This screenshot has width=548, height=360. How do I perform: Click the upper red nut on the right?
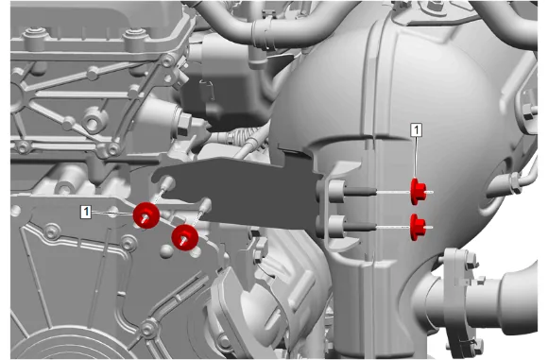click(x=418, y=192)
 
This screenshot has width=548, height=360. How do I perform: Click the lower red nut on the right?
click(x=418, y=227)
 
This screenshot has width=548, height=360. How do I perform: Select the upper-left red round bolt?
click(x=146, y=215)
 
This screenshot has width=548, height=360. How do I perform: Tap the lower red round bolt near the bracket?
click(x=185, y=237)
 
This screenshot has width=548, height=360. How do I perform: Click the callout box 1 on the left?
click(x=86, y=212)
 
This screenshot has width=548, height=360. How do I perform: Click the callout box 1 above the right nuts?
click(x=416, y=130)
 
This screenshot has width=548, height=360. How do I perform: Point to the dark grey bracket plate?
click(x=238, y=191)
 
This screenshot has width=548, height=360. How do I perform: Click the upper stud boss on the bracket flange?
click(x=335, y=191)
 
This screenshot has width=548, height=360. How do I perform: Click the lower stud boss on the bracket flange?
click(x=335, y=226)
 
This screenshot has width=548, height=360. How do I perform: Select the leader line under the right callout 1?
click(x=416, y=157)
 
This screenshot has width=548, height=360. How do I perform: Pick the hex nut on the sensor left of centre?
click(x=184, y=124)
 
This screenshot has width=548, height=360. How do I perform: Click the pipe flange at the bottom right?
click(x=457, y=300)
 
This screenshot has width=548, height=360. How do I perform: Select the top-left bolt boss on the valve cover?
click(x=35, y=36)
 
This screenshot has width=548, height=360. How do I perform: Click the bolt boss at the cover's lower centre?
click(x=148, y=328)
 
